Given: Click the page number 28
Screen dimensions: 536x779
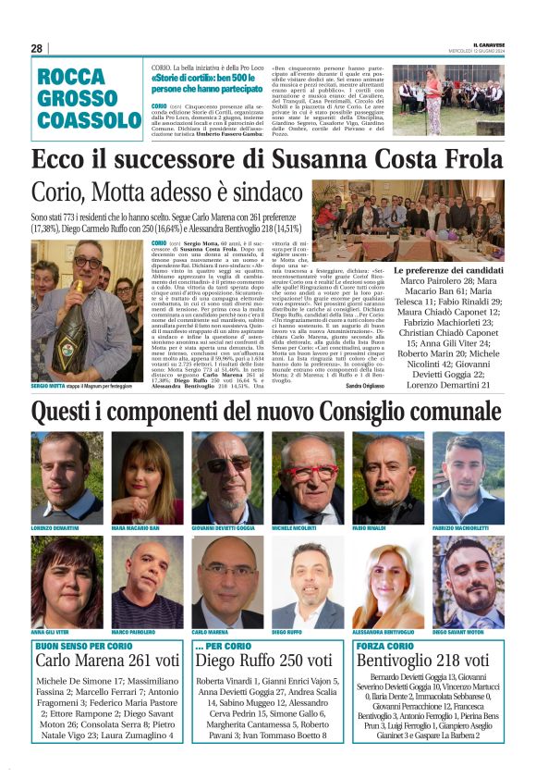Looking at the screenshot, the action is [37, 48].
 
